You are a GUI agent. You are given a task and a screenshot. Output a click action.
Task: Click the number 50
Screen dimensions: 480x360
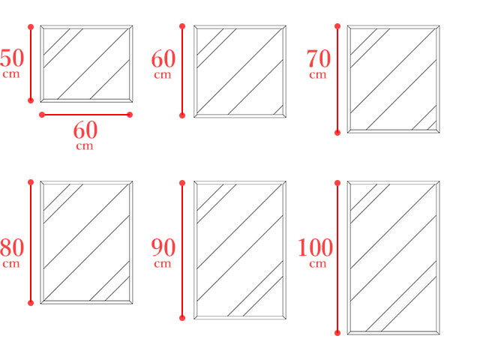point(12,58)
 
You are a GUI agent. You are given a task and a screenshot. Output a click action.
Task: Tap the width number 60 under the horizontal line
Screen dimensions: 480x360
point(85,130)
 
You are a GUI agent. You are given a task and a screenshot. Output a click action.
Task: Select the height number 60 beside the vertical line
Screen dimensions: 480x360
point(163,58)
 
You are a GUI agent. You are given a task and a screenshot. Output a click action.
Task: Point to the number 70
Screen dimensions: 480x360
point(319,58)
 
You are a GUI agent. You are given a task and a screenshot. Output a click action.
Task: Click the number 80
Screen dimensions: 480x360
point(12,247)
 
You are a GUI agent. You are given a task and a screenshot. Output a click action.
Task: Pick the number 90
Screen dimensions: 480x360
point(163,247)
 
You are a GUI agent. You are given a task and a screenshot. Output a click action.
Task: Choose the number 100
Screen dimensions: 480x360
point(315,247)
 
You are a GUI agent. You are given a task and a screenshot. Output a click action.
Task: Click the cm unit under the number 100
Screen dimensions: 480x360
point(318,264)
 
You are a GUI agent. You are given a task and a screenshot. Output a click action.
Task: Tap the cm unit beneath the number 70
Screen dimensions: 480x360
point(318,75)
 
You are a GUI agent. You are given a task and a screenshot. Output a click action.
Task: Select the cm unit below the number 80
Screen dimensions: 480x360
point(11,264)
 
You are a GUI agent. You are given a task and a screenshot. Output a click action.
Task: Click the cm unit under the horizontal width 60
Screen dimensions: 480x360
point(85,146)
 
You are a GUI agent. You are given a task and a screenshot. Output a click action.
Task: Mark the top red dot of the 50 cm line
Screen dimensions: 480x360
point(31,27)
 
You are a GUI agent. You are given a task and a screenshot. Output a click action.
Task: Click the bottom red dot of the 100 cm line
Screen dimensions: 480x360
point(337,333)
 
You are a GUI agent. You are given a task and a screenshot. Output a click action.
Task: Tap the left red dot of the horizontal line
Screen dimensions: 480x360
point(42,115)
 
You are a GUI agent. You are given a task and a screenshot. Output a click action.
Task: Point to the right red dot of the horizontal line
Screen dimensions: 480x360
point(130,115)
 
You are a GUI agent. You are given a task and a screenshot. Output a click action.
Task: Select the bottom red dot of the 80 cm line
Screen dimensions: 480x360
point(31,303)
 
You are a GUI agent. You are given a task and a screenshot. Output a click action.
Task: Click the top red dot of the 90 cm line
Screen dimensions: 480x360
point(182,183)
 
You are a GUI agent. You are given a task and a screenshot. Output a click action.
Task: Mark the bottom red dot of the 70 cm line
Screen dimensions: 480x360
point(337,133)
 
